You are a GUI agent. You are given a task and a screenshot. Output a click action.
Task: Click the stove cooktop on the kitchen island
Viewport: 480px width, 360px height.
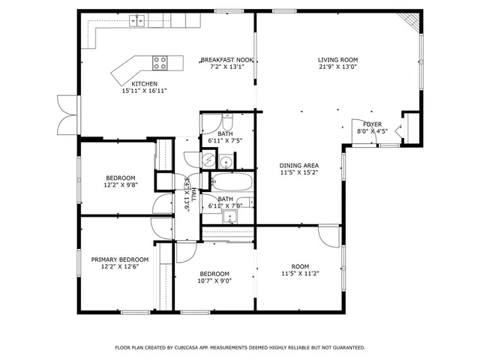pos(161,62)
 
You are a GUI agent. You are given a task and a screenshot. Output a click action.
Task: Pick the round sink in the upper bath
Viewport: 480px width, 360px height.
pos(224,160)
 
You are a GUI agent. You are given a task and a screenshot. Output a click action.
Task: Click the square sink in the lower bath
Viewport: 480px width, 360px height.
pos(230,217)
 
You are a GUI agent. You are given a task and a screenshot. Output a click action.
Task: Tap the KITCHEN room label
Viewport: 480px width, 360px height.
pos(144,83)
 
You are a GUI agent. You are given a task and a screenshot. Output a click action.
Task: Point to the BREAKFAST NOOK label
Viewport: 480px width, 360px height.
pos(227,60)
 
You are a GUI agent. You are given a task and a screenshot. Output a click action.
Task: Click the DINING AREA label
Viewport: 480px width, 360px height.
pos(300,165)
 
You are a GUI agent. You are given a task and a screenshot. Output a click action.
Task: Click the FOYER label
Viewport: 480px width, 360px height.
pos(373,124)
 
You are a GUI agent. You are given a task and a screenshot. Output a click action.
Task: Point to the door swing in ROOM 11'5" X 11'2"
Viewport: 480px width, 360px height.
pos(328,235)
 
